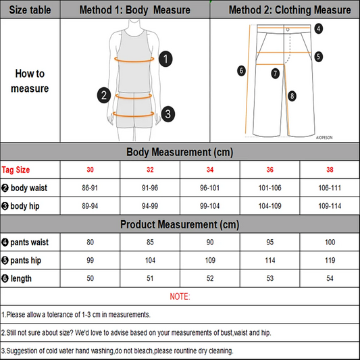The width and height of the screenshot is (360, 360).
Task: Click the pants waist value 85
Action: (151, 242)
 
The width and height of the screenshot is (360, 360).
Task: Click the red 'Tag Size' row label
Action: (16, 169)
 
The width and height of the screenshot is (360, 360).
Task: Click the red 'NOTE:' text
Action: (180, 297)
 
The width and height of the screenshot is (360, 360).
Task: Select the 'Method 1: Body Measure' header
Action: (134, 10)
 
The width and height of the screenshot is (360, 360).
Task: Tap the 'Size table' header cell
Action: (30, 10)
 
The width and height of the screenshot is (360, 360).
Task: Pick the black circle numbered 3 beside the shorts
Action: (168, 113)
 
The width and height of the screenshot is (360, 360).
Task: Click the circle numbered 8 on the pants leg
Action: (292, 96)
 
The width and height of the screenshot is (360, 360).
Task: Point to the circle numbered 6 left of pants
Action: (241, 70)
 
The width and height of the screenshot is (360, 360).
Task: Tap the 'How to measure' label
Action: (30, 81)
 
